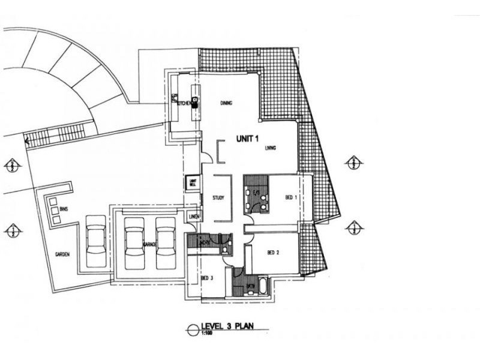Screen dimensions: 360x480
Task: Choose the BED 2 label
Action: click(x=274, y=253)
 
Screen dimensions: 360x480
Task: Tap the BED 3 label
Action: click(x=208, y=278)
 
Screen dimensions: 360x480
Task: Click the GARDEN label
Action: click(x=62, y=254)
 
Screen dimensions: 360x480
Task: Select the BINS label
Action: click(x=64, y=209)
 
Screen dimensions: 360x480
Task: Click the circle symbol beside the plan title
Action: click(x=193, y=328)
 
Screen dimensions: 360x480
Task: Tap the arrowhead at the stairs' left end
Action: click(x=27, y=142)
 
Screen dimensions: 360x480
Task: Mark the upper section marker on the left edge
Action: click(x=13, y=165)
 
